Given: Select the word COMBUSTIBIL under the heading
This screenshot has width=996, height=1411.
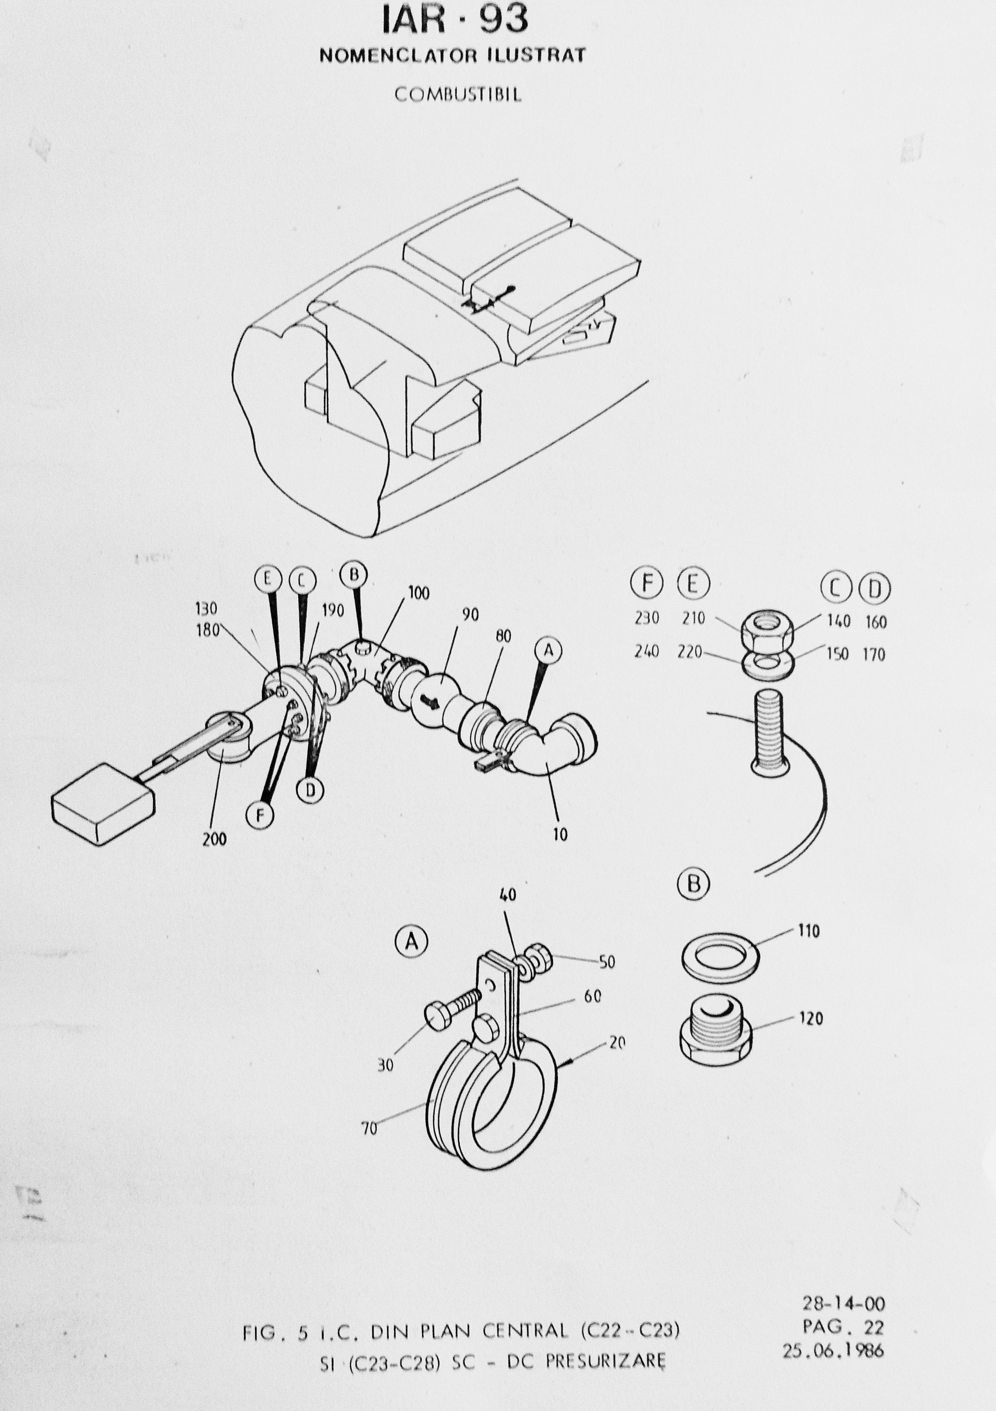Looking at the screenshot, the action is coord(458,95).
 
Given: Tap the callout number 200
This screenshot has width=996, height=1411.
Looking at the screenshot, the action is coord(214,839).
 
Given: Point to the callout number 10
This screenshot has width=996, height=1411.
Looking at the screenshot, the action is coord(560,834).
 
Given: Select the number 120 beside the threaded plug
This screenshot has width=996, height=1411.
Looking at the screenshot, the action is coord(811,1018).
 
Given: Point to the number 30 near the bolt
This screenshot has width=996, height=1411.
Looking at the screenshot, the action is coord(385,1065).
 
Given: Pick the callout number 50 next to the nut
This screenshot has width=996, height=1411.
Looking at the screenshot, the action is coord(607,962).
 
